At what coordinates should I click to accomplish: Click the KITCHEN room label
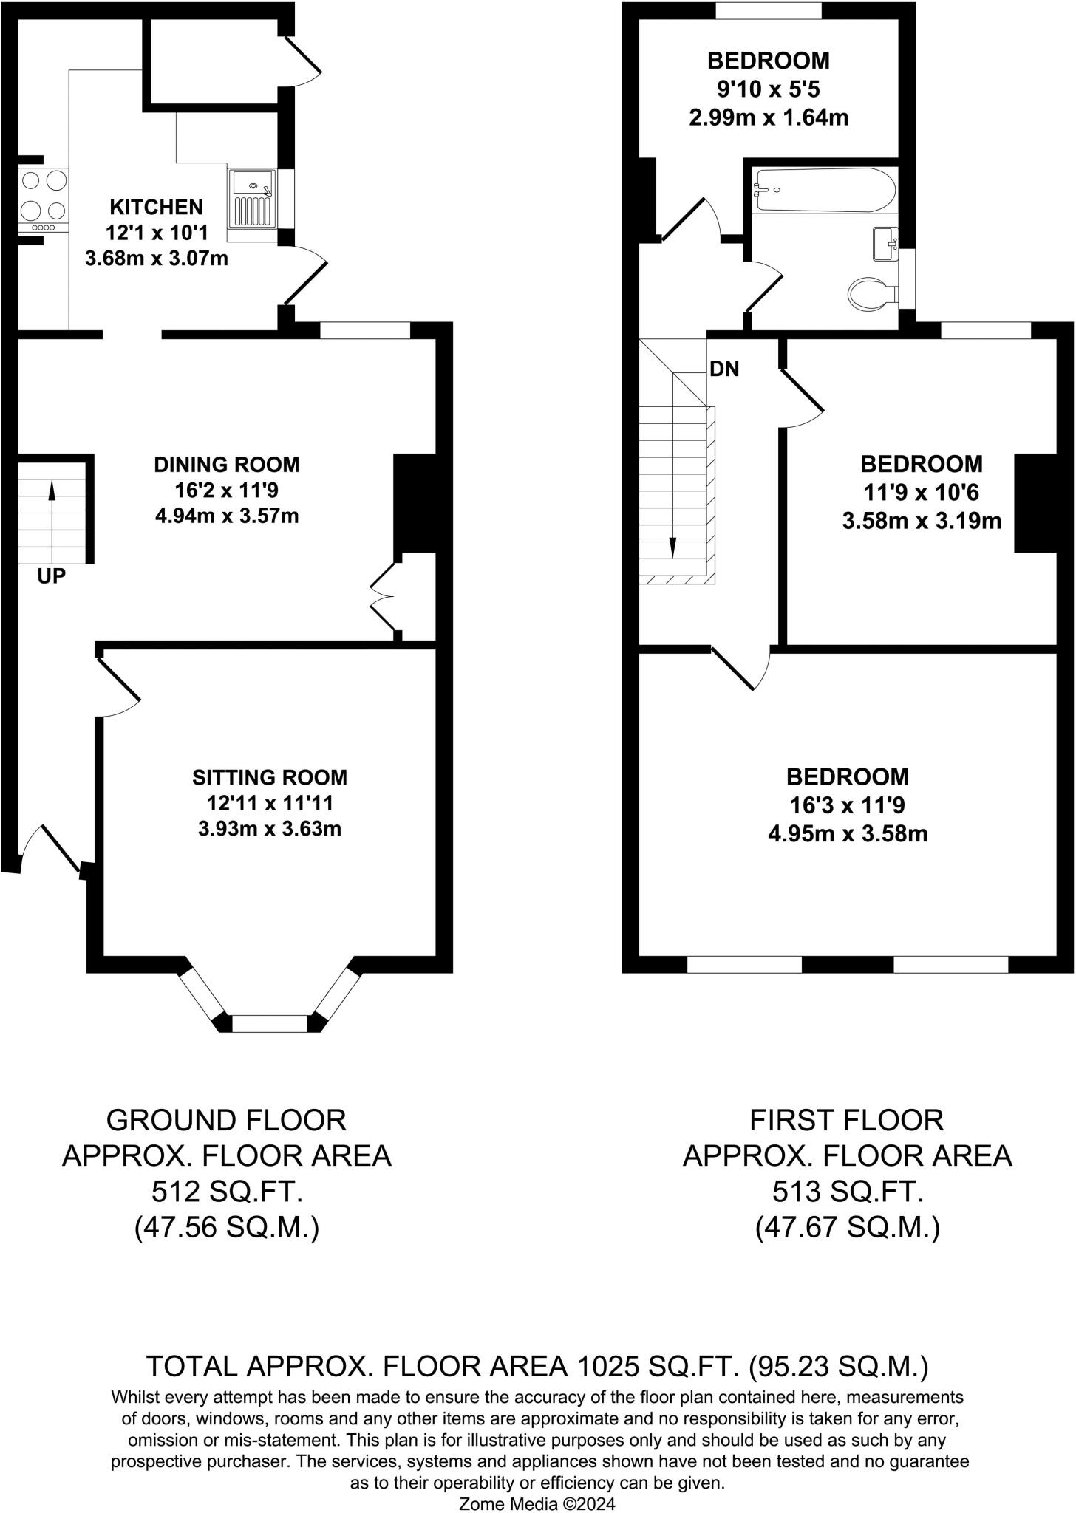[x=156, y=207]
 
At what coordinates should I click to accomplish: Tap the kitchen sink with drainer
[x=252, y=198]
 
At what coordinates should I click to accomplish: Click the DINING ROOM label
[x=226, y=465]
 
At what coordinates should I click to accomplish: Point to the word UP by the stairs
[x=51, y=577]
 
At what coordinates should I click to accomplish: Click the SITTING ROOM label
[x=269, y=777]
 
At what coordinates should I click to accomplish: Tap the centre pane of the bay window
[x=270, y=1023]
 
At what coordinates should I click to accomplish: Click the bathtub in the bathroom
[x=824, y=190]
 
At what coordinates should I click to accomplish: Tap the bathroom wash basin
[x=885, y=244]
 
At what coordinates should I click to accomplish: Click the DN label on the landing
[x=723, y=369]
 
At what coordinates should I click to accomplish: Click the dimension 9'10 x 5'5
[x=769, y=89]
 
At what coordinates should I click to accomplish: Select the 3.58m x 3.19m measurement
[x=922, y=522]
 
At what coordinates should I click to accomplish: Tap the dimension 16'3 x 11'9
[x=848, y=805]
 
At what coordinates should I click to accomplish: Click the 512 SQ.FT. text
[x=226, y=1191]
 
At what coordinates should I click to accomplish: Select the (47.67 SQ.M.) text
[x=847, y=1228]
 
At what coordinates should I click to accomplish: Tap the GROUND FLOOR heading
[x=226, y=1120]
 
